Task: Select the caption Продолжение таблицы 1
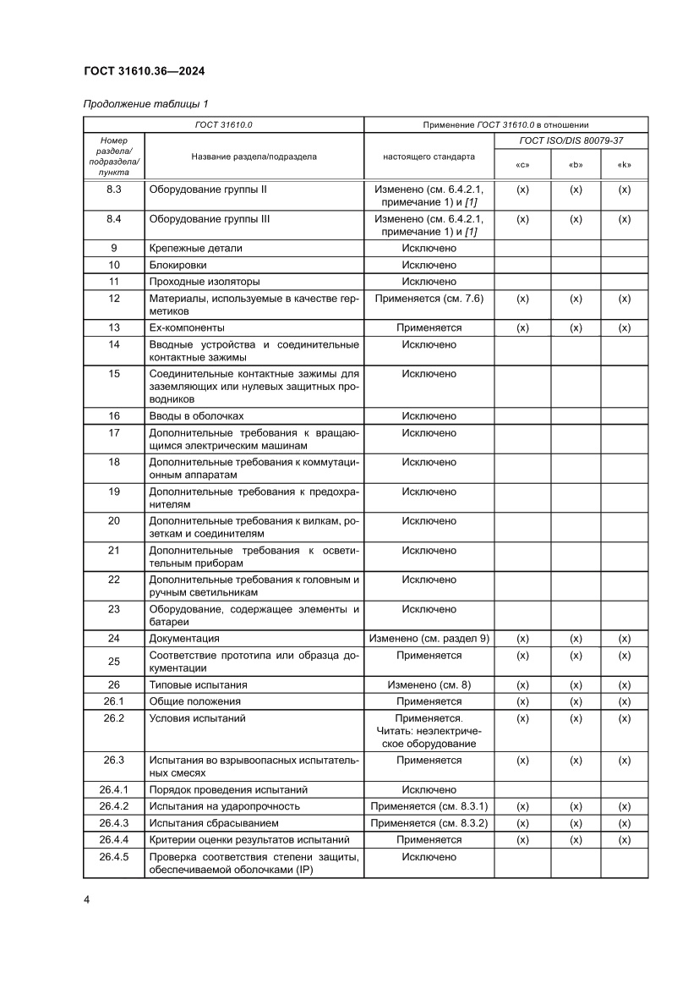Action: click(145, 104)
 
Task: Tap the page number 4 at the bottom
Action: click(87, 898)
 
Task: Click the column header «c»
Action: click(522, 165)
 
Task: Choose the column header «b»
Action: click(576, 165)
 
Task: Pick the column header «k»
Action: click(625, 165)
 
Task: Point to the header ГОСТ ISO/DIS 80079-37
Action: click(571, 140)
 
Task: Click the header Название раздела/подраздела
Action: click(254, 157)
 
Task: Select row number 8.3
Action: click(114, 190)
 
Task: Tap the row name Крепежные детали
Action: click(195, 248)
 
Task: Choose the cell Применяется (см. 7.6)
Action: click(429, 299)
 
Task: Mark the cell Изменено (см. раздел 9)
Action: click(429, 639)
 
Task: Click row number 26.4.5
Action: click(114, 857)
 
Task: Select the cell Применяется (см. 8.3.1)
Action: click(429, 806)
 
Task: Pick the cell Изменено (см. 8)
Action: click(429, 684)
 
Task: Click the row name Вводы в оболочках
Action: click(196, 415)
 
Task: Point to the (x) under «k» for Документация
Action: click(625, 639)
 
